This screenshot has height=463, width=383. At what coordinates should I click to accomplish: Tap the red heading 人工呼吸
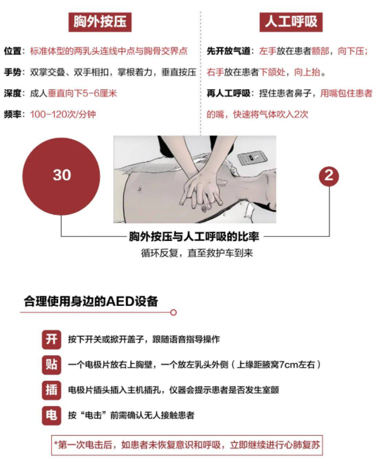click(291, 22)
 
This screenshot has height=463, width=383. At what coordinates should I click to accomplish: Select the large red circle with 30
click(62, 175)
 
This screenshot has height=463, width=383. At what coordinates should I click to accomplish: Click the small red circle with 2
click(329, 176)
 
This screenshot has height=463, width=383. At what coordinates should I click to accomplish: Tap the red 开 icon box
click(51, 339)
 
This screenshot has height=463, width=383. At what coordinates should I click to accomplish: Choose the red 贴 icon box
click(51, 364)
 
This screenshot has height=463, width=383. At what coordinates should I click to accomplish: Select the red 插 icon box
click(51, 390)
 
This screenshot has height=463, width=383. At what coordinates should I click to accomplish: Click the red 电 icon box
click(51, 415)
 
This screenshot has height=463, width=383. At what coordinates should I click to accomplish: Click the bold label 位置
click(14, 51)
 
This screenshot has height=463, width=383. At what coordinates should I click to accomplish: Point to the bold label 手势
click(14, 73)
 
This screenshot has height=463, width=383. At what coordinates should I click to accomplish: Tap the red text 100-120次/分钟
click(63, 114)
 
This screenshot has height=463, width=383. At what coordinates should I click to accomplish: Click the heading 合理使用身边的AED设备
click(91, 301)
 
